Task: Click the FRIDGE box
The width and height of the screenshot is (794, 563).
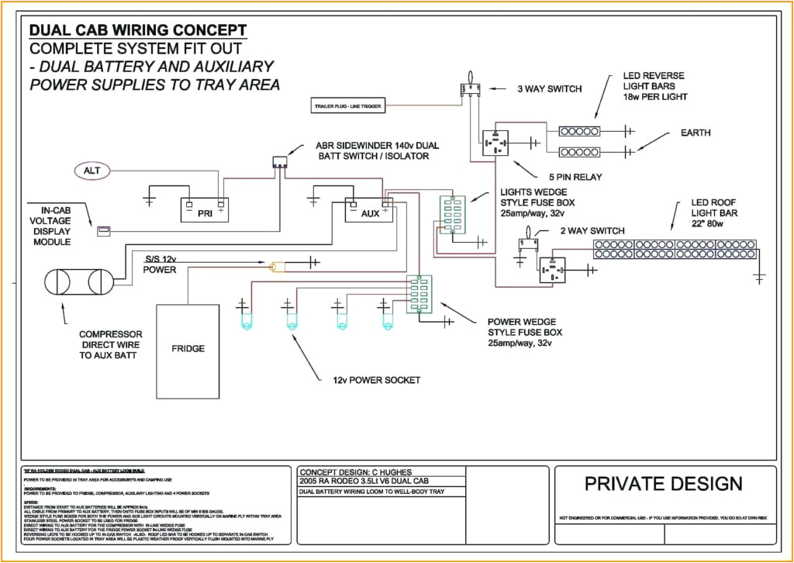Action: click(188, 348)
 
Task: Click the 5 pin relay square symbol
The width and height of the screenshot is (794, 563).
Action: click(495, 143)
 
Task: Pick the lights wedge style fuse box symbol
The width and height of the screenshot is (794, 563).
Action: click(451, 215)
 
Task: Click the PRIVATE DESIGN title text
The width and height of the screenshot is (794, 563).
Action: click(663, 484)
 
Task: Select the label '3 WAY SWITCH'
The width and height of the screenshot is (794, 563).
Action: click(549, 88)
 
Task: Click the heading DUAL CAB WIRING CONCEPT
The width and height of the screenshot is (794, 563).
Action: click(138, 30)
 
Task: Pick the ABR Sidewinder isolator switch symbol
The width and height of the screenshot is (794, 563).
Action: click(279, 163)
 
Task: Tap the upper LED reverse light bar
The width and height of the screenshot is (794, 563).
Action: click(580, 131)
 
